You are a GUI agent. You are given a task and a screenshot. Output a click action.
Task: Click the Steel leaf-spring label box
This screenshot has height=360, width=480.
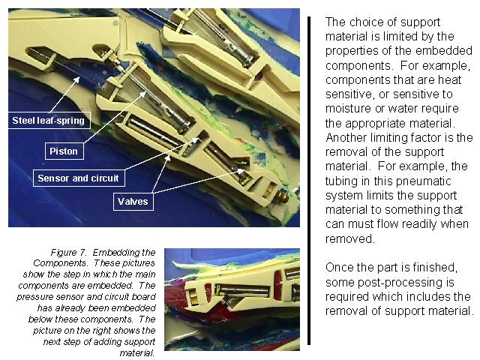point(49,120)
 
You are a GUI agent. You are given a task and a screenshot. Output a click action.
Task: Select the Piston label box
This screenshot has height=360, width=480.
point(64,151)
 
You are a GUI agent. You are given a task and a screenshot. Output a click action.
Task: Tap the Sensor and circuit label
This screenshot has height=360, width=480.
point(79,178)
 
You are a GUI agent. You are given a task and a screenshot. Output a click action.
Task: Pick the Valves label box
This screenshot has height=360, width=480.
point(133,202)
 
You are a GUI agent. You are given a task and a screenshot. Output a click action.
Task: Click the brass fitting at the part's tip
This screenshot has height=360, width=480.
point(282,196)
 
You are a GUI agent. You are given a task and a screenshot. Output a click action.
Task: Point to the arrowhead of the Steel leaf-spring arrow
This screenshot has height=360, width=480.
point(76,79)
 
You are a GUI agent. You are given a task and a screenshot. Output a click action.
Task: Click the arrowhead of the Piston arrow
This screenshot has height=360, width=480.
point(143,93)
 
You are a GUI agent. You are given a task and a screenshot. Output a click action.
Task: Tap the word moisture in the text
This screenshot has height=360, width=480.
point(352,108)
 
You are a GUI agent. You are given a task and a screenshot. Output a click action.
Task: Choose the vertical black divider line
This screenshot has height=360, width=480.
point(309,181)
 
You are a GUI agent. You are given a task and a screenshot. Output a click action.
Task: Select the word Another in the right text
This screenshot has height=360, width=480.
point(346,137)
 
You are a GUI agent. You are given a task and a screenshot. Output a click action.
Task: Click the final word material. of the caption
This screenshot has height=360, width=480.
point(136,353)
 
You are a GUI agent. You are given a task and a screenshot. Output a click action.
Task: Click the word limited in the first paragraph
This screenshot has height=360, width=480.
point(399,37)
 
